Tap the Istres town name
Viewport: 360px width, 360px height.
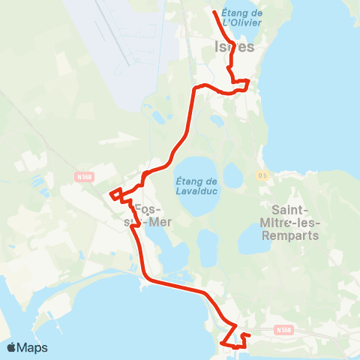(x=234, y=46)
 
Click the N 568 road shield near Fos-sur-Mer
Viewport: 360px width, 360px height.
(x=84, y=177)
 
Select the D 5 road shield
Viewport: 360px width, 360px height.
(x=262, y=175)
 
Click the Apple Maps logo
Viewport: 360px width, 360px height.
(x=27, y=347)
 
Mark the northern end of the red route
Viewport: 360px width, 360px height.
(x=214, y=13)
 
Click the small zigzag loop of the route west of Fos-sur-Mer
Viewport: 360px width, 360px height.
(x=115, y=194)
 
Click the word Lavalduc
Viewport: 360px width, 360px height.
(x=196, y=190)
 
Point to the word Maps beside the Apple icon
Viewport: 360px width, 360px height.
(x=34, y=347)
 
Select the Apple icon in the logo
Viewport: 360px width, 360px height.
(x=11, y=347)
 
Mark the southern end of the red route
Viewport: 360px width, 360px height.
(x=222, y=343)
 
